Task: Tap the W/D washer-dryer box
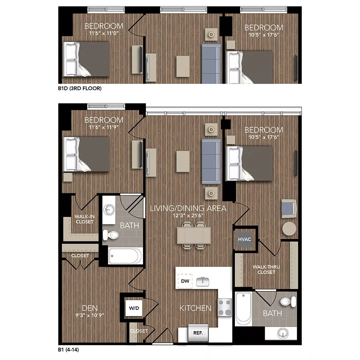(x=134, y=308)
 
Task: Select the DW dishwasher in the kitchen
(x=185, y=281)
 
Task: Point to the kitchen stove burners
(x=225, y=307)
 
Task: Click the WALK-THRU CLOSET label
(x=264, y=269)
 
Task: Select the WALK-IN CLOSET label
(x=84, y=219)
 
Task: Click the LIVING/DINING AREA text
(x=188, y=208)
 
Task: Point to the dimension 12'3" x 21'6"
(x=188, y=215)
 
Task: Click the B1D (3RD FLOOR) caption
(x=80, y=89)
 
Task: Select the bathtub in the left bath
(x=125, y=256)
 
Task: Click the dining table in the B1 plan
(x=194, y=235)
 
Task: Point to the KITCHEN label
(x=195, y=308)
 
